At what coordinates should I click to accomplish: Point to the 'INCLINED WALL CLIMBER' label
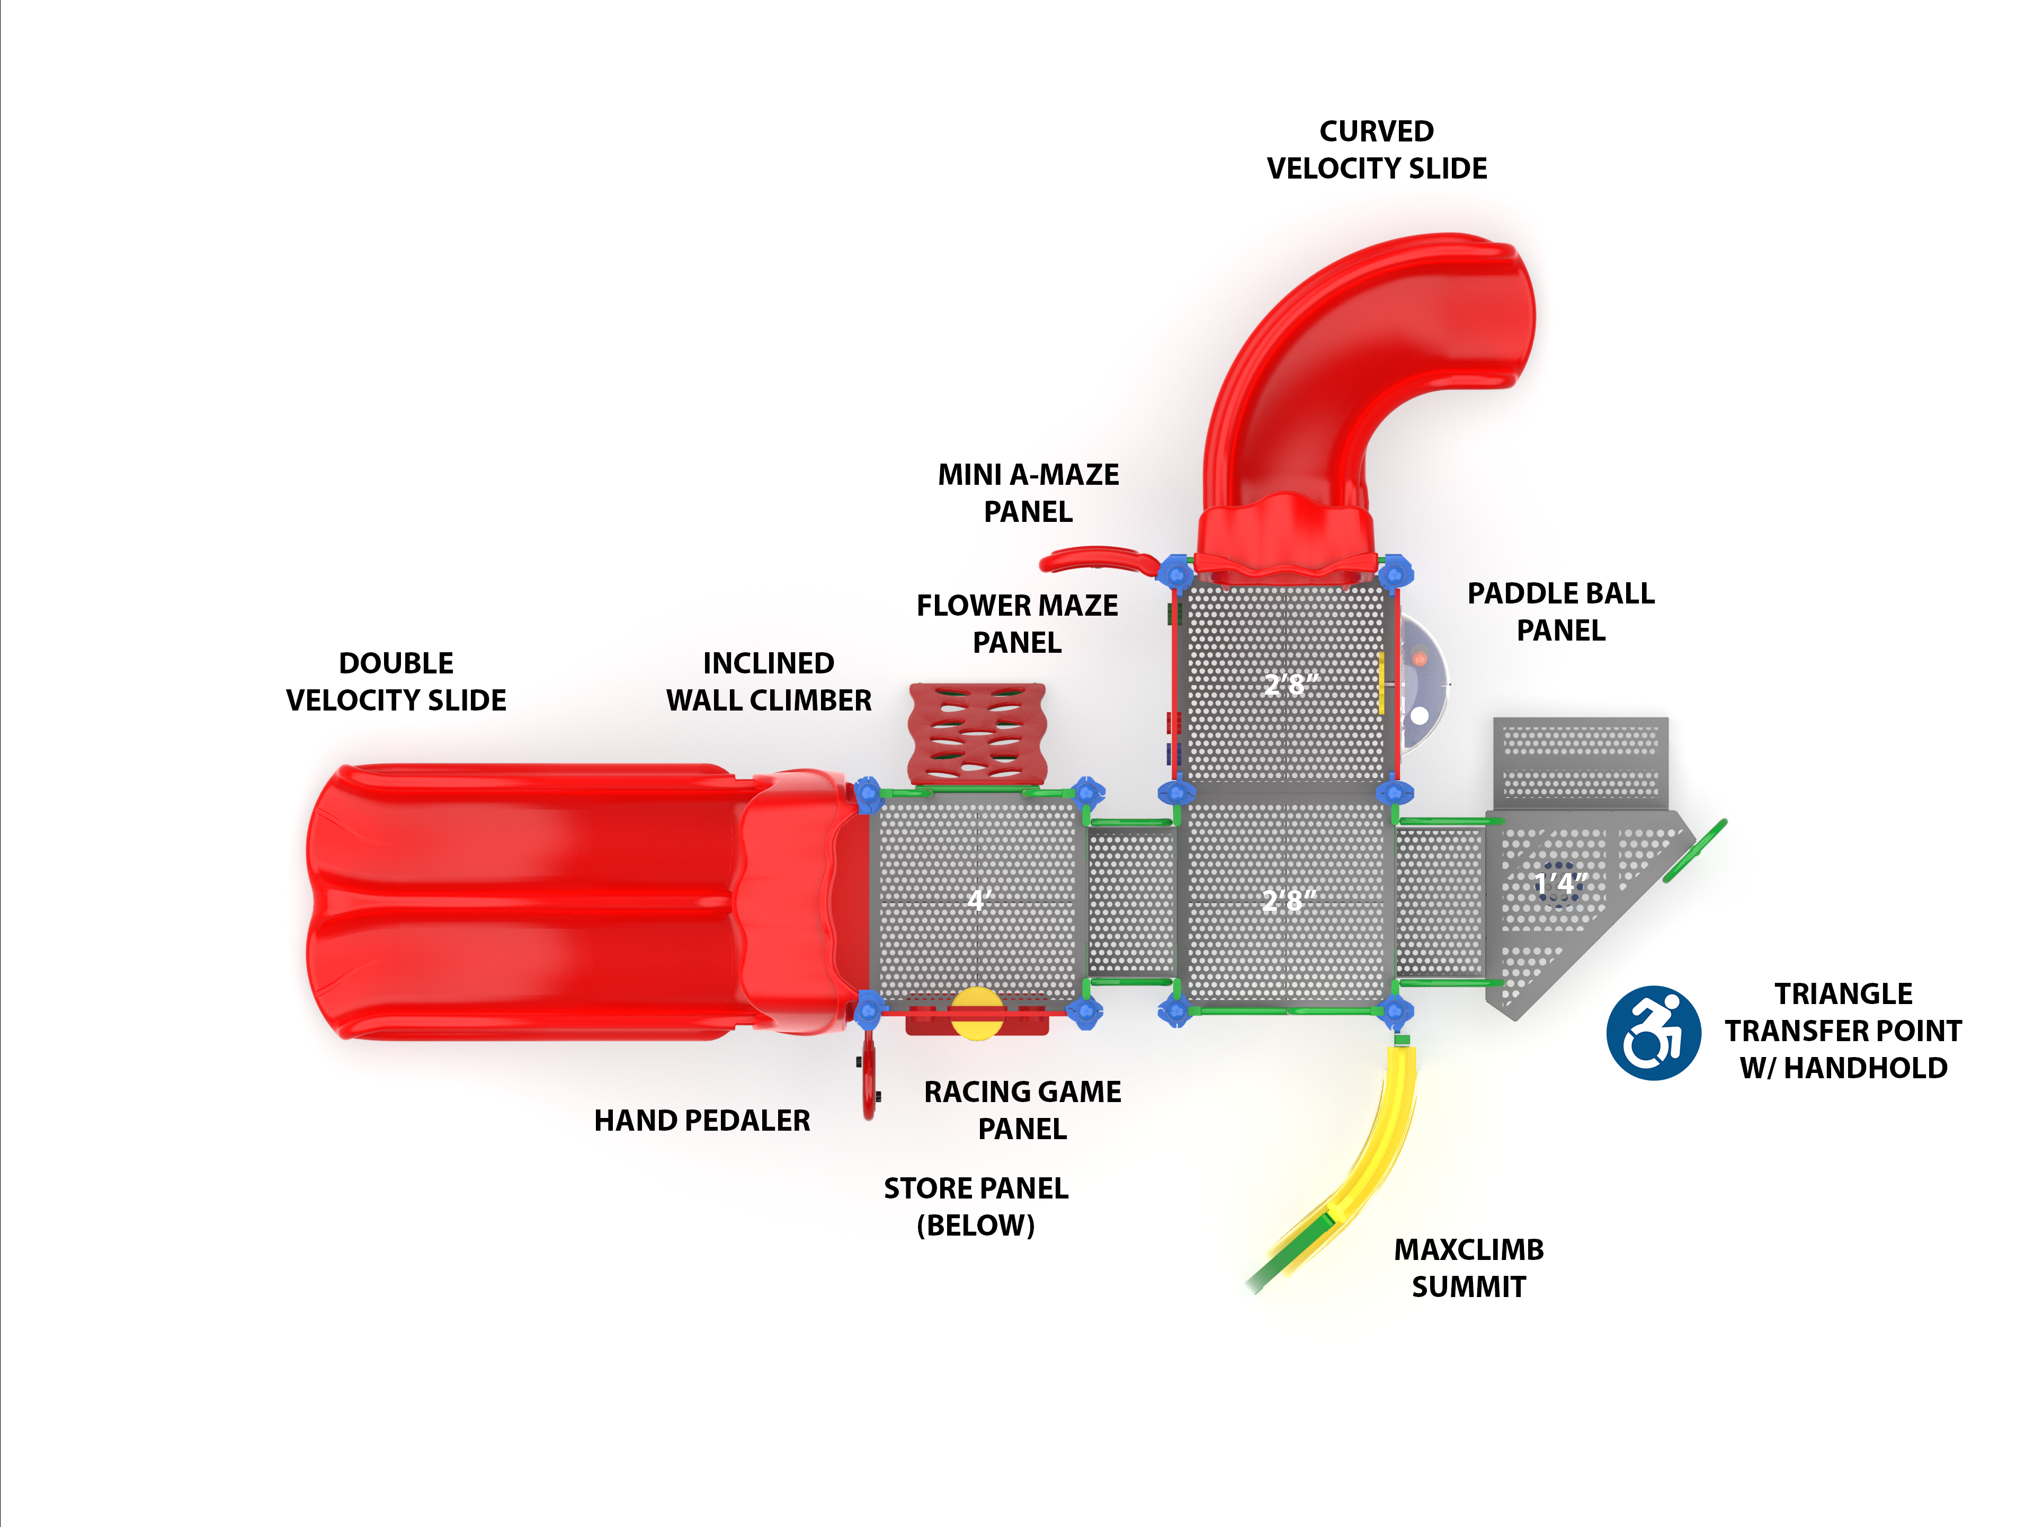click(768, 681)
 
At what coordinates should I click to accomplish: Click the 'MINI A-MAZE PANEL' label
click(1028, 493)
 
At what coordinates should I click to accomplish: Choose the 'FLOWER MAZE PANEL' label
click(1017, 624)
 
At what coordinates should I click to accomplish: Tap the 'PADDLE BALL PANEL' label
click(1560, 612)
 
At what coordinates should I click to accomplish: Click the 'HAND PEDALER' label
click(702, 1121)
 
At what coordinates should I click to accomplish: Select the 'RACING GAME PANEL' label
click(1022, 1111)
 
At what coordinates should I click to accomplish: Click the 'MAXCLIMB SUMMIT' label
click(1468, 1267)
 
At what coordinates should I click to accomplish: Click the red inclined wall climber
click(977, 733)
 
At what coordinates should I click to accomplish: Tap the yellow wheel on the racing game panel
click(977, 1013)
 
